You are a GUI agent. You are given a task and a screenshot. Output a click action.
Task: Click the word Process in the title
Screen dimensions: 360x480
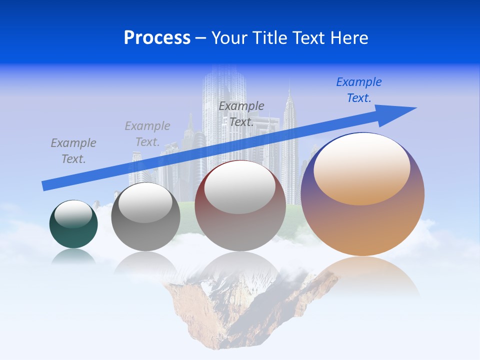157,38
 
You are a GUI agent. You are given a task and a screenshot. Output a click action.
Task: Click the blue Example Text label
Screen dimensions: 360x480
359,90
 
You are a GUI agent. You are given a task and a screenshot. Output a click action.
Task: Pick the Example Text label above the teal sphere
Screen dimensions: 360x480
73,151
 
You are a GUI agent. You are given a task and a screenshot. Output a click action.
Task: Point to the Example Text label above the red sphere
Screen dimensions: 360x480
241,114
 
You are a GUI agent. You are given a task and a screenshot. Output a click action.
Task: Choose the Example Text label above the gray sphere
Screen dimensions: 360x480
147,134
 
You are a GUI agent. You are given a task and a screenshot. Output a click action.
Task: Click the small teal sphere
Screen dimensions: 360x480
73,235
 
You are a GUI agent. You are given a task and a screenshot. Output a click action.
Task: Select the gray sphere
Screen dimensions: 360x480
145,235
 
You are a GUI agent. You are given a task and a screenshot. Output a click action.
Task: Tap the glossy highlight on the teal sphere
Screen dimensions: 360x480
73,214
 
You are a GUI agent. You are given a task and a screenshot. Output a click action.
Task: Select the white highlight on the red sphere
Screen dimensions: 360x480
239,187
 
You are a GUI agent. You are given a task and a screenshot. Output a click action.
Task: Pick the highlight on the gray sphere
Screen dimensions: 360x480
145,202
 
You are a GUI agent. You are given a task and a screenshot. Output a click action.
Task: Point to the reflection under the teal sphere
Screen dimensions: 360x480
73,256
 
